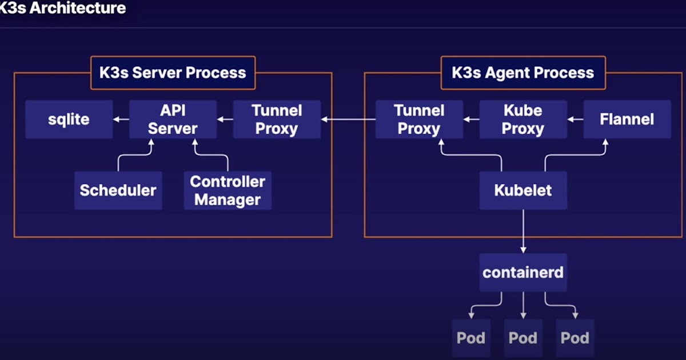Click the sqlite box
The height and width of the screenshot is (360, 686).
(69, 119)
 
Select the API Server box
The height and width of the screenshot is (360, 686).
(173, 119)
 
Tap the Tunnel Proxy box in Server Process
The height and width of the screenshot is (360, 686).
(277, 119)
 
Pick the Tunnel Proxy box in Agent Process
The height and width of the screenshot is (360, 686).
(419, 119)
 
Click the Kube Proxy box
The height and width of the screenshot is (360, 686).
(523, 119)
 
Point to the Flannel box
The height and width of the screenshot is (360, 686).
(627, 119)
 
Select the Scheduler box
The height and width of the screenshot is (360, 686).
(118, 190)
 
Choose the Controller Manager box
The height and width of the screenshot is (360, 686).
(228, 190)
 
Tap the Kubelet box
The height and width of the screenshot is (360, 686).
(523, 190)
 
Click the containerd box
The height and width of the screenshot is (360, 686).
(523, 273)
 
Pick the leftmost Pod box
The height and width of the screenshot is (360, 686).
(471, 338)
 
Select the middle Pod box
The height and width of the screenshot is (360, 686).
(523, 338)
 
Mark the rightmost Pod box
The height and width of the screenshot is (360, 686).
(575, 338)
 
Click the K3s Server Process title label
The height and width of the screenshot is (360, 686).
(173, 73)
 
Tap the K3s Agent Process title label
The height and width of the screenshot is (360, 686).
(523, 73)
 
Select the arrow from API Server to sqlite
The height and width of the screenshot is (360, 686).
(121, 119)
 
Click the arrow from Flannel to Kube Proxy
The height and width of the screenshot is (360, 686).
(575, 119)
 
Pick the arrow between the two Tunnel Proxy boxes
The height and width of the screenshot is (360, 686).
(348, 119)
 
